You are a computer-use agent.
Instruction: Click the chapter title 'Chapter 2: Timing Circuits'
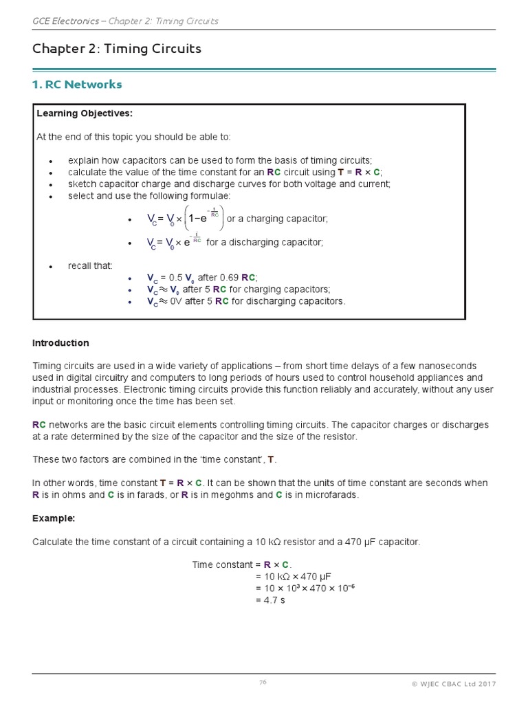[x=116, y=49]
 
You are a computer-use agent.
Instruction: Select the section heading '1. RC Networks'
[x=77, y=85]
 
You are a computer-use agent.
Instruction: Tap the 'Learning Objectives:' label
[x=85, y=113]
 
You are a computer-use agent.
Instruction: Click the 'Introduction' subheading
[x=60, y=343]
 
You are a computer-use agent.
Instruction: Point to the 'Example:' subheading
[x=54, y=518]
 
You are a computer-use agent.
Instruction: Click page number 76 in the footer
[x=263, y=683]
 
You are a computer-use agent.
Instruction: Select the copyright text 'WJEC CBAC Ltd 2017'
[x=457, y=683]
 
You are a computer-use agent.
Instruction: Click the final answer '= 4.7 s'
[x=269, y=600]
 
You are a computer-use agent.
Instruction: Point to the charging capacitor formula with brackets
[x=186, y=219]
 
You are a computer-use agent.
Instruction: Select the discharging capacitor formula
[x=175, y=243]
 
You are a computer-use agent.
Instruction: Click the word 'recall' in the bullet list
[x=80, y=265]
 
